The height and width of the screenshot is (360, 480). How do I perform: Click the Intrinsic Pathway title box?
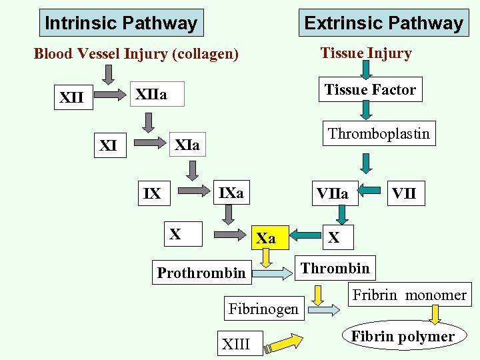click(121, 23)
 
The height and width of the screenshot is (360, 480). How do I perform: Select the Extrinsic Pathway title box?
click(383, 23)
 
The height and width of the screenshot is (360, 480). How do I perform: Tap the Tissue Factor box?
click(370, 90)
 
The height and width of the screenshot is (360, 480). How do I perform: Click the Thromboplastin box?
click(379, 134)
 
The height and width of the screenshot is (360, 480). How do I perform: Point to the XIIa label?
click(151, 96)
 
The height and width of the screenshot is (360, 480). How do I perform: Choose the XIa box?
click(187, 144)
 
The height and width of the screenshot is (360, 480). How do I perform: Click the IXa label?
click(231, 193)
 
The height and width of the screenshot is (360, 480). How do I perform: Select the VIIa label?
click(332, 194)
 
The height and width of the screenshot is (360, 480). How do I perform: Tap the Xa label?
click(266, 238)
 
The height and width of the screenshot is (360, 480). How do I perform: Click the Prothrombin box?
click(201, 273)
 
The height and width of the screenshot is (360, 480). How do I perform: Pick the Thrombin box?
click(335, 268)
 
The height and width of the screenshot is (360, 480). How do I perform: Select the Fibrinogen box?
click(263, 309)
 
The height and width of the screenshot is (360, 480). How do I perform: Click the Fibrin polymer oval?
click(403, 337)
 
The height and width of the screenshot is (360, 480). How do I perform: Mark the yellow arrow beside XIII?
click(280, 343)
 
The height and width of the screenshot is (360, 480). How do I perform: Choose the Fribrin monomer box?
click(409, 295)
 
